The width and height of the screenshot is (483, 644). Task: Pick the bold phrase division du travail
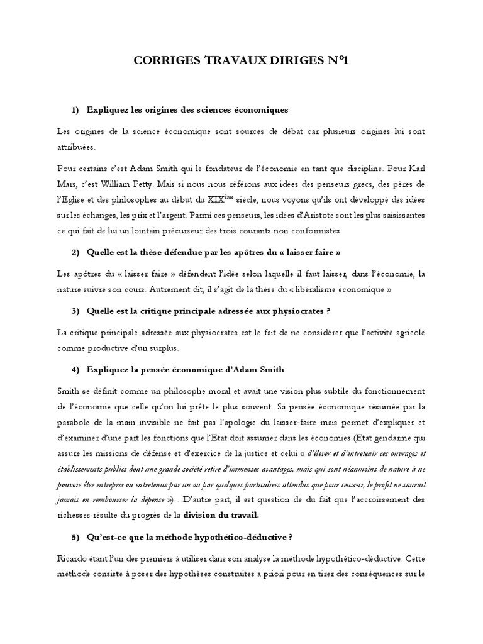click(x=221, y=514)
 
